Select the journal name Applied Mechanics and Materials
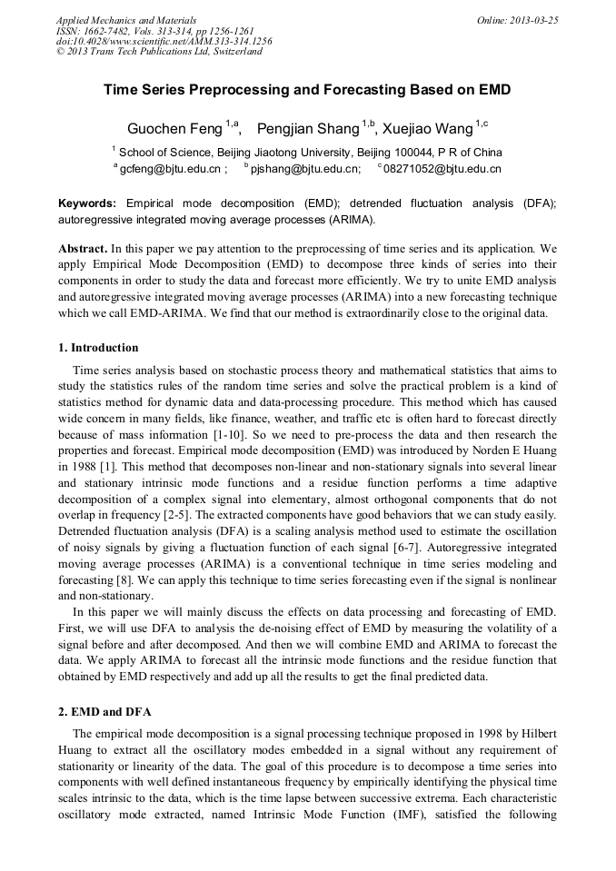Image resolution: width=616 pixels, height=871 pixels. (125, 19)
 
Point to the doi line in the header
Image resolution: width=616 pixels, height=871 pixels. (164, 41)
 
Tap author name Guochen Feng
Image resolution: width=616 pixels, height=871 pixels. (174, 129)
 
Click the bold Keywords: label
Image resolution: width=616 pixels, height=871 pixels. (87, 203)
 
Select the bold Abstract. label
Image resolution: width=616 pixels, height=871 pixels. (83, 248)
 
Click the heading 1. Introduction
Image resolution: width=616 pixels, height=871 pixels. (98, 348)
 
